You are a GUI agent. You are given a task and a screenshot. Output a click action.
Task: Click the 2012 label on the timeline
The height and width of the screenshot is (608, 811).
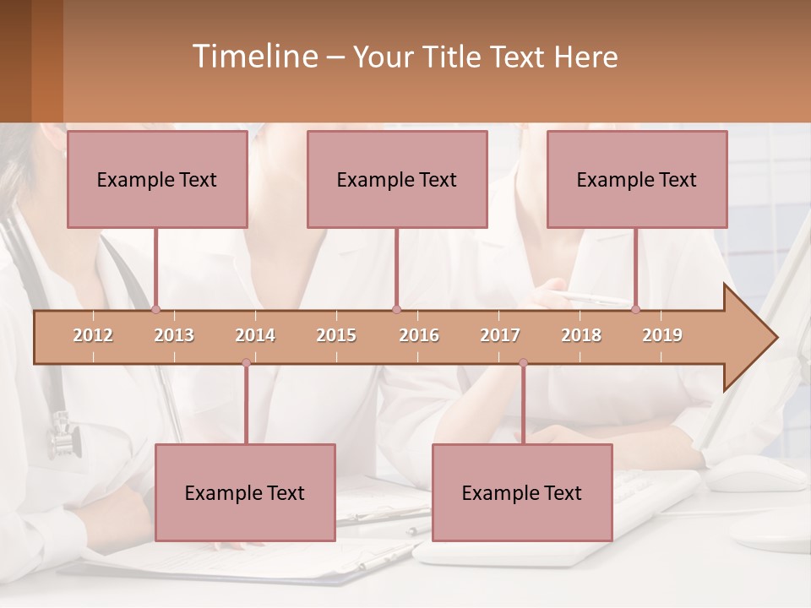point(93,335)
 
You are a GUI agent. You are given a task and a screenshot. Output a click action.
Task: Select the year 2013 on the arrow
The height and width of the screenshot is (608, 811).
point(174,335)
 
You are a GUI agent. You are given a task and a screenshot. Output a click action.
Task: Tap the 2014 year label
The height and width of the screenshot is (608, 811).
point(255,335)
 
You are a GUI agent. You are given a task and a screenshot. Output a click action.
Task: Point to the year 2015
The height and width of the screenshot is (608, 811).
point(336,335)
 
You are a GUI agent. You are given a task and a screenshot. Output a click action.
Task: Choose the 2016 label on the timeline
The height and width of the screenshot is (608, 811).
point(419,335)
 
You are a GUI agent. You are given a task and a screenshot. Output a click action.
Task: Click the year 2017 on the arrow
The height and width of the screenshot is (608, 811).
point(500,335)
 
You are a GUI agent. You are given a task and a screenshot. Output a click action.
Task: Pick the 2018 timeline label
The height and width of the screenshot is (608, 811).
point(581,335)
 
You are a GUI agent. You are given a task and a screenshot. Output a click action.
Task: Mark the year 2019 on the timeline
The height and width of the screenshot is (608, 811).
point(662,335)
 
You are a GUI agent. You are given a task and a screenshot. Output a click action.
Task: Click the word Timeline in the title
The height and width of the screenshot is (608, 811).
point(254,57)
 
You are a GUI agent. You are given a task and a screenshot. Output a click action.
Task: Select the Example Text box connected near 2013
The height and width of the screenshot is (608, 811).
point(157,179)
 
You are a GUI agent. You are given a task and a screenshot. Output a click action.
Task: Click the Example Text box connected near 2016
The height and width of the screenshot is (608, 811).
point(397,179)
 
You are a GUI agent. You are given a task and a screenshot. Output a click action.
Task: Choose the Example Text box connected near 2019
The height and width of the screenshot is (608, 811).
point(637,179)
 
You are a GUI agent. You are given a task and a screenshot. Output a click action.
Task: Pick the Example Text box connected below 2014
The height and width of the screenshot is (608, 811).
point(245,492)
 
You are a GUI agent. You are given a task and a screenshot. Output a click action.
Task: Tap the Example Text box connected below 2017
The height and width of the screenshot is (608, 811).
point(522,492)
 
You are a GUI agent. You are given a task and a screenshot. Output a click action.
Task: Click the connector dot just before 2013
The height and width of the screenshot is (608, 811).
point(155,310)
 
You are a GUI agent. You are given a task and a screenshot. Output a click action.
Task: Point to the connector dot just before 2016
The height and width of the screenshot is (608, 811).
point(396,310)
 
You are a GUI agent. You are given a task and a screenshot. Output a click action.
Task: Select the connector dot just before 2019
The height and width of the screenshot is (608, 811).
point(635,310)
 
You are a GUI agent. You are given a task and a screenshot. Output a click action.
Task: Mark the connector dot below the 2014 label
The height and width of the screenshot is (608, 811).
point(246,363)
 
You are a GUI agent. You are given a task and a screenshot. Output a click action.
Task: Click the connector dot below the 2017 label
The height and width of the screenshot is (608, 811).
point(523,363)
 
